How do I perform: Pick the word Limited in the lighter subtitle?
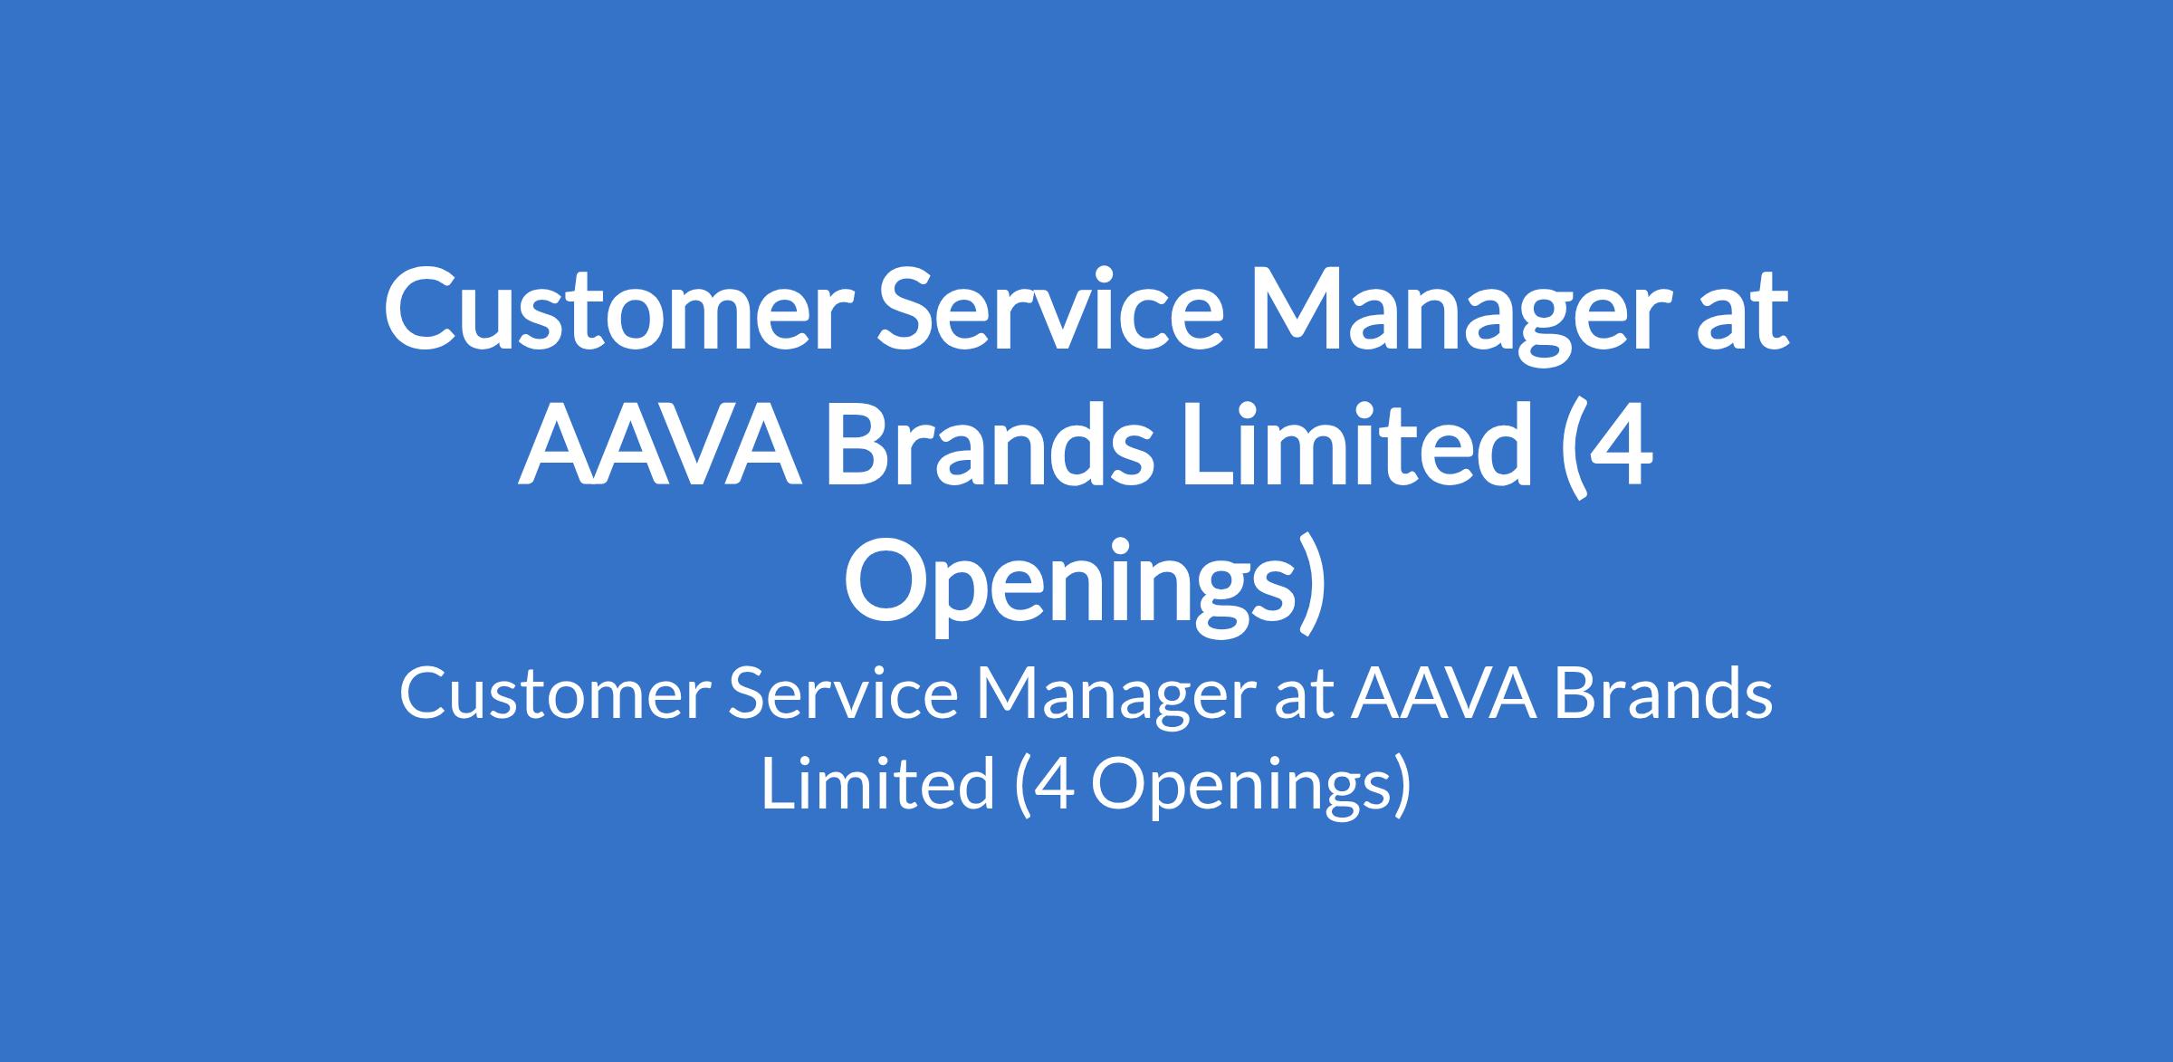(x=877, y=783)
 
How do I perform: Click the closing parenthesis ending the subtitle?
(x=1401, y=787)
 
